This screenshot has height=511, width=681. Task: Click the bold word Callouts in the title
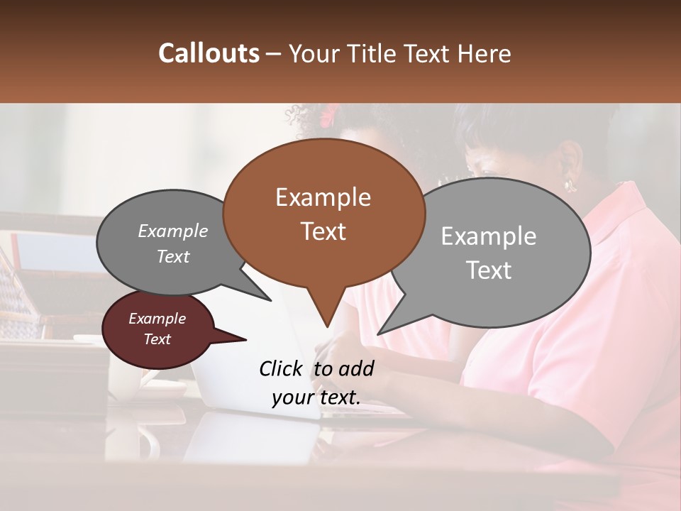(209, 53)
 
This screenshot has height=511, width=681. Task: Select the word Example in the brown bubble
(323, 197)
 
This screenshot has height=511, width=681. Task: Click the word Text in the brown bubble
(323, 231)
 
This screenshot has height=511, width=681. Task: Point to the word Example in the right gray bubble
(488, 236)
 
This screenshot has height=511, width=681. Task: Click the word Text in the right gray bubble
(488, 270)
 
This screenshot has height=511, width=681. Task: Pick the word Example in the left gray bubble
(172, 231)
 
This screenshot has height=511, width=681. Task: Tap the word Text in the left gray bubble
(172, 256)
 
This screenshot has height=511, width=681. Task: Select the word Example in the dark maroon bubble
(157, 319)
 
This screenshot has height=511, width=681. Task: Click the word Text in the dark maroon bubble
(157, 339)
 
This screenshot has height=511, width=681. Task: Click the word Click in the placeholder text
(282, 368)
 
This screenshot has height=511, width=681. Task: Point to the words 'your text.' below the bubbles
(316, 398)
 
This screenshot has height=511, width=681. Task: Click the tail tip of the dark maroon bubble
(245, 340)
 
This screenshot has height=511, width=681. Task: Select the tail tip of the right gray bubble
(378, 334)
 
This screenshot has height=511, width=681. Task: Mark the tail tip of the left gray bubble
(270, 300)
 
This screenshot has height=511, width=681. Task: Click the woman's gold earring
(570, 185)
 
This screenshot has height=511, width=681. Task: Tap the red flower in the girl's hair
(329, 114)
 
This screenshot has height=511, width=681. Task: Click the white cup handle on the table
(151, 444)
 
